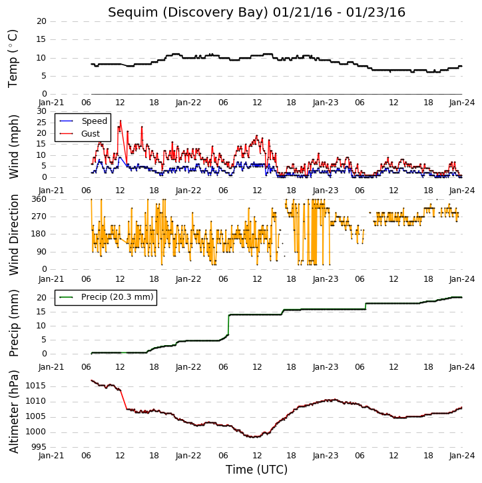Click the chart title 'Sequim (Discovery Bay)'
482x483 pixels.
click(188, 13)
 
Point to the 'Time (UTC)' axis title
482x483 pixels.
click(256, 470)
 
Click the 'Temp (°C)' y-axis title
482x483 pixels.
click(13, 59)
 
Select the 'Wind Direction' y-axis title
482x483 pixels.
click(14, 235)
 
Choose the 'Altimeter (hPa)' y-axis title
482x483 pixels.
click(14, 412)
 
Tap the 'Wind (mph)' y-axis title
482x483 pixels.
click(14, 147)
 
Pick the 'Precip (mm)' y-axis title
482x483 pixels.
click(14, 323)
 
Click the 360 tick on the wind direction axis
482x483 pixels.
click(39, 199)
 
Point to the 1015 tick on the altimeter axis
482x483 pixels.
click(35, 386)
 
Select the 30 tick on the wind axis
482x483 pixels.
click(41, 111)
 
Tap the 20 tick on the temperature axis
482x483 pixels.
click(41, 21)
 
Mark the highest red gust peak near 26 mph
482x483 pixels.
click(120, 121)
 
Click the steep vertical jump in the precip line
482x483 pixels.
click(228, 324)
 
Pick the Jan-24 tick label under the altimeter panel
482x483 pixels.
click(462, 456)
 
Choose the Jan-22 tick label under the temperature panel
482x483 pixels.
click(188, 103)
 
